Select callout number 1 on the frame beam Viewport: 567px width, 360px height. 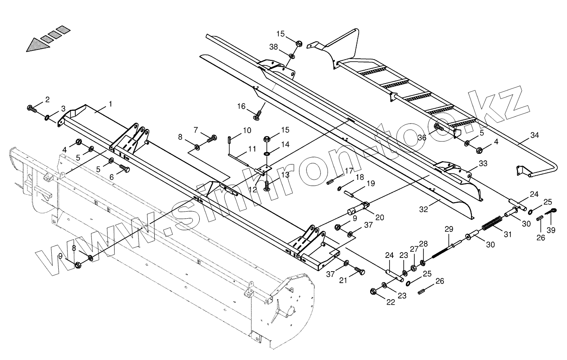[111, 105]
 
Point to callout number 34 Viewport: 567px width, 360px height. [535, 135]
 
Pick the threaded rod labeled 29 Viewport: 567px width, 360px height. [445, 250]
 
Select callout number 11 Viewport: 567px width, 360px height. [252, 148]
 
